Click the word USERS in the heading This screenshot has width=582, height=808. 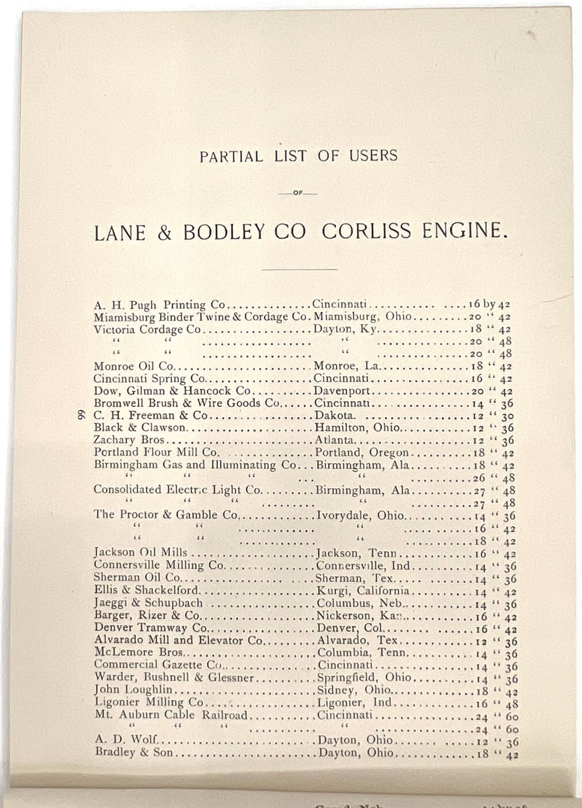tap(373, 156)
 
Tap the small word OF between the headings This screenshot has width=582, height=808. tap(298, 194)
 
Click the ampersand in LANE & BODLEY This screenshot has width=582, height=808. tap(164, 234)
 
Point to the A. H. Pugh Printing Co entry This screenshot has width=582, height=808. tap(159, 305)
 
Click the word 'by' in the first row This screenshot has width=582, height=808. tap(489, 304)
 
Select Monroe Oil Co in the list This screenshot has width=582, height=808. tap(133, 366)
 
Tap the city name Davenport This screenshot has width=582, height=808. tap(342, 391)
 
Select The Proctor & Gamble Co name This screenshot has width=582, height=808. tap(166, 515)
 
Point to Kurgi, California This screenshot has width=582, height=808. tap(363, 591)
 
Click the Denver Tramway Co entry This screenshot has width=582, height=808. tap(150, 628)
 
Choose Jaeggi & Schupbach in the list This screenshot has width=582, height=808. tap(148, 603)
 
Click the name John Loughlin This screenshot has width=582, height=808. tap(133, 690)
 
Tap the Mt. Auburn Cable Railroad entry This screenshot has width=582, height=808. tap(171, 715)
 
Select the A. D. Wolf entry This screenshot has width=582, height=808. tap(125, 740)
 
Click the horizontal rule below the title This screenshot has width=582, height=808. tap(299, 269)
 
